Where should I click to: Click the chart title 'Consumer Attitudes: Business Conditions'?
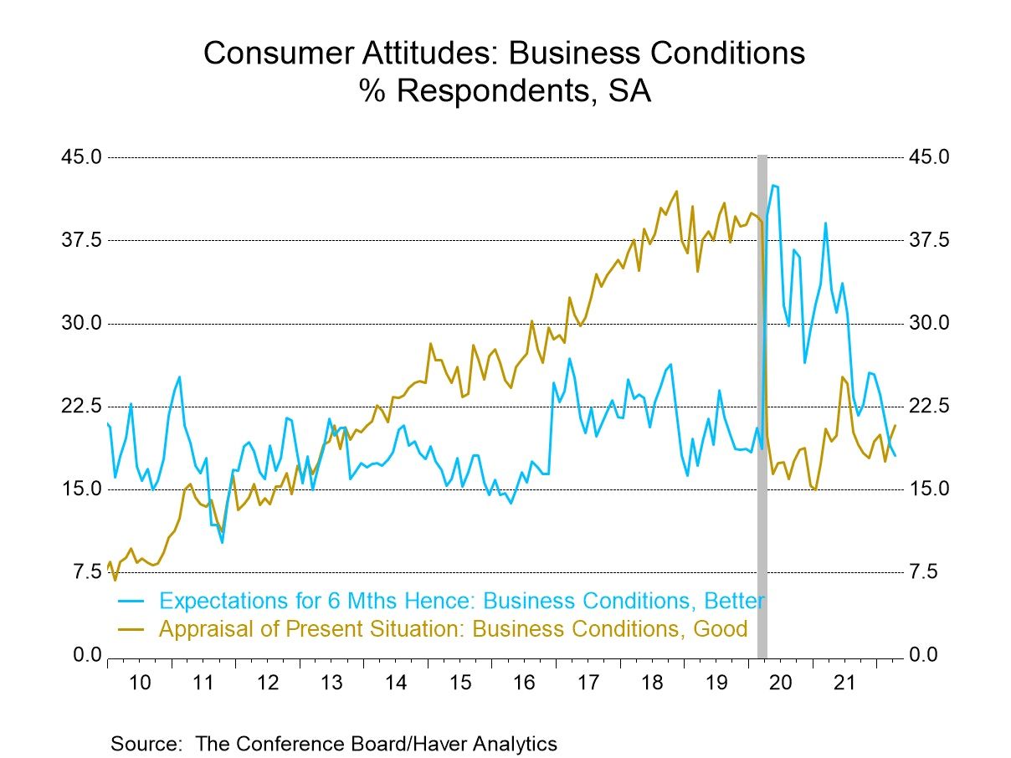coord(505,54)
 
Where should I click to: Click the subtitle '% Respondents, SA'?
coord(505,91)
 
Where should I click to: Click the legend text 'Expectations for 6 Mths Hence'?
coord(318,601)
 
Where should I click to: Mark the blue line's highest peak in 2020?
coord(773,185)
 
